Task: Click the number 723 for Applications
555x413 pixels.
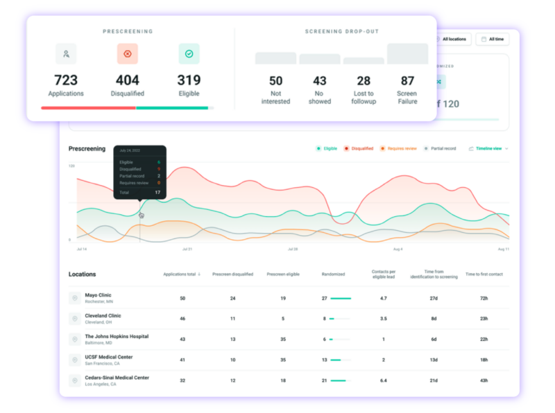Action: (x=66, y=80)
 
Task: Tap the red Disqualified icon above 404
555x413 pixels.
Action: (x=128, y=53)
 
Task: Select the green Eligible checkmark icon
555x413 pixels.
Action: (x=189, y=53)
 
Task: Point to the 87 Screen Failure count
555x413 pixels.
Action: (x=408, y=80)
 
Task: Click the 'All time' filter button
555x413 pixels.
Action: (x=493, y=39)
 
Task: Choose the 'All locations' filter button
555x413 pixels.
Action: (x=453, y=39)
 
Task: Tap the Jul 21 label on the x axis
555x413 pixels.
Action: (x=187, y=249)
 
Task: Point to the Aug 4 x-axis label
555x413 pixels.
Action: (x=398, y=249)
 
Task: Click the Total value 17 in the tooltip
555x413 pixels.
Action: (x=157, y=192)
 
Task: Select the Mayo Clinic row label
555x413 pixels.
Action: (x=98, y=295)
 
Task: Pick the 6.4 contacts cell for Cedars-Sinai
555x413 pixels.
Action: (x=384, y=380)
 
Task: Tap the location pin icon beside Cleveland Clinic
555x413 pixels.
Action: (x=74, y=319)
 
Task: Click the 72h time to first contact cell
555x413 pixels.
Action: (x=484, y=298)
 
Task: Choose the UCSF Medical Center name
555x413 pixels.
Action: (x=108, y=357)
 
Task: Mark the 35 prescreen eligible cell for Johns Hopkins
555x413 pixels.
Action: (x=283, y=339)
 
